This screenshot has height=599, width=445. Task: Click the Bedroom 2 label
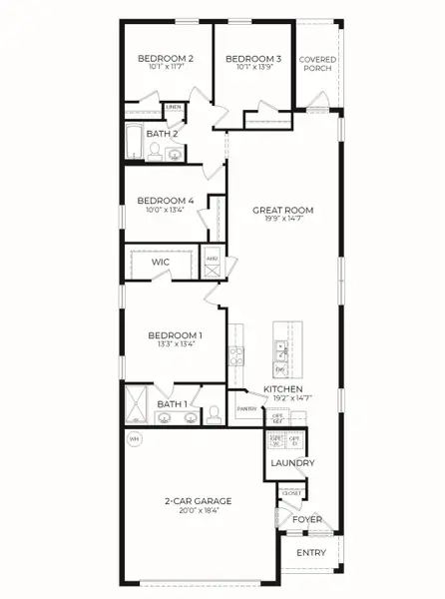pos(165,59)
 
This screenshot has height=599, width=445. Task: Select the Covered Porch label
pos(319,65)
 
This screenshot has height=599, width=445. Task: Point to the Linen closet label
pos(174,106)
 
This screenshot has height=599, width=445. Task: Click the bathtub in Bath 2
pos(134,143)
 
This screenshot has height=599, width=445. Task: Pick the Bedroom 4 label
pos(165,200)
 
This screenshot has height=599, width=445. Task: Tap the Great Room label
pos(283,210)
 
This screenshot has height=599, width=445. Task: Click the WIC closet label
pos(161,263)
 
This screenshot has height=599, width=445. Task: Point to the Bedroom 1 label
pos(176,335)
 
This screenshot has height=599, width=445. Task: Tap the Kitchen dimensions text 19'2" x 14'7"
pos(288,398)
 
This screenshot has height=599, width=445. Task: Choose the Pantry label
pos(246,409)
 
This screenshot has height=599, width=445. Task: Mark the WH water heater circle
pos(134,437)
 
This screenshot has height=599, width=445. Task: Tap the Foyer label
pos(306,519)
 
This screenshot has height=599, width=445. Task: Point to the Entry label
pos(310,552)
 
